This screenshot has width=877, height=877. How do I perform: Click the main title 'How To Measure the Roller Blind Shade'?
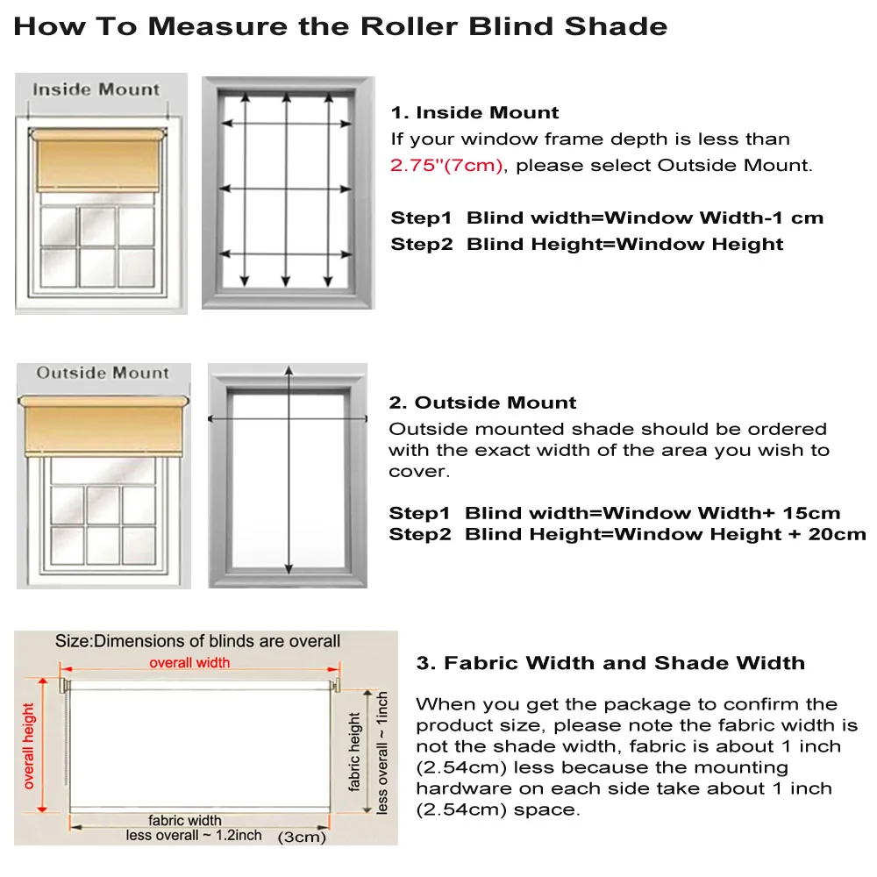tap(340, 26)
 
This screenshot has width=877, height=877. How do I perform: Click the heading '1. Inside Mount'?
tap(474, 112)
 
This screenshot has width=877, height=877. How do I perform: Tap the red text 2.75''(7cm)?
tap(447, 165)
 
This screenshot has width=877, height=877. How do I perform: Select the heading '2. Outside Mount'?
tap(483, 403)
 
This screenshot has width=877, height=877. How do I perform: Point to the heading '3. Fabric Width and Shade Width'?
tap(610, 662)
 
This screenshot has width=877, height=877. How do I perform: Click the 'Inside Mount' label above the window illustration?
tap(96, 89)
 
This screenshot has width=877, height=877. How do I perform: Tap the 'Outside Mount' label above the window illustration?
tap(103, 373)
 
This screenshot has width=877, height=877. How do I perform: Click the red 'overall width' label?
tap(189, 662)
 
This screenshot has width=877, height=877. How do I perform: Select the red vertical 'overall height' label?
tap(30, 745)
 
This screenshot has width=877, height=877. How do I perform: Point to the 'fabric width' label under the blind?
tap(184, 820)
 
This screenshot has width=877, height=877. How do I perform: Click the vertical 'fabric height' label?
tap(355, 751)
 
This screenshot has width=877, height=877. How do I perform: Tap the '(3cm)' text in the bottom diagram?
tap(302, 837)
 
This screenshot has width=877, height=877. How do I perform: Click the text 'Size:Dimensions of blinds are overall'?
tap(197, 641)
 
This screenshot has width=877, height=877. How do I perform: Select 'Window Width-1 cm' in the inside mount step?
tap(715, 217)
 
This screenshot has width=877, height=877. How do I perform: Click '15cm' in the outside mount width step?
tap(813, 513)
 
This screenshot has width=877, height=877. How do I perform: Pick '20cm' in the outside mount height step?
tap(838, 534)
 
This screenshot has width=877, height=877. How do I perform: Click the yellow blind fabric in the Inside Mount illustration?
tap(96, 162)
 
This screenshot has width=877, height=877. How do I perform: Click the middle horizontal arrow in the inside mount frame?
tap(287, 189)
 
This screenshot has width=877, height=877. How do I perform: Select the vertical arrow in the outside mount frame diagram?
tap(289, 474)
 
